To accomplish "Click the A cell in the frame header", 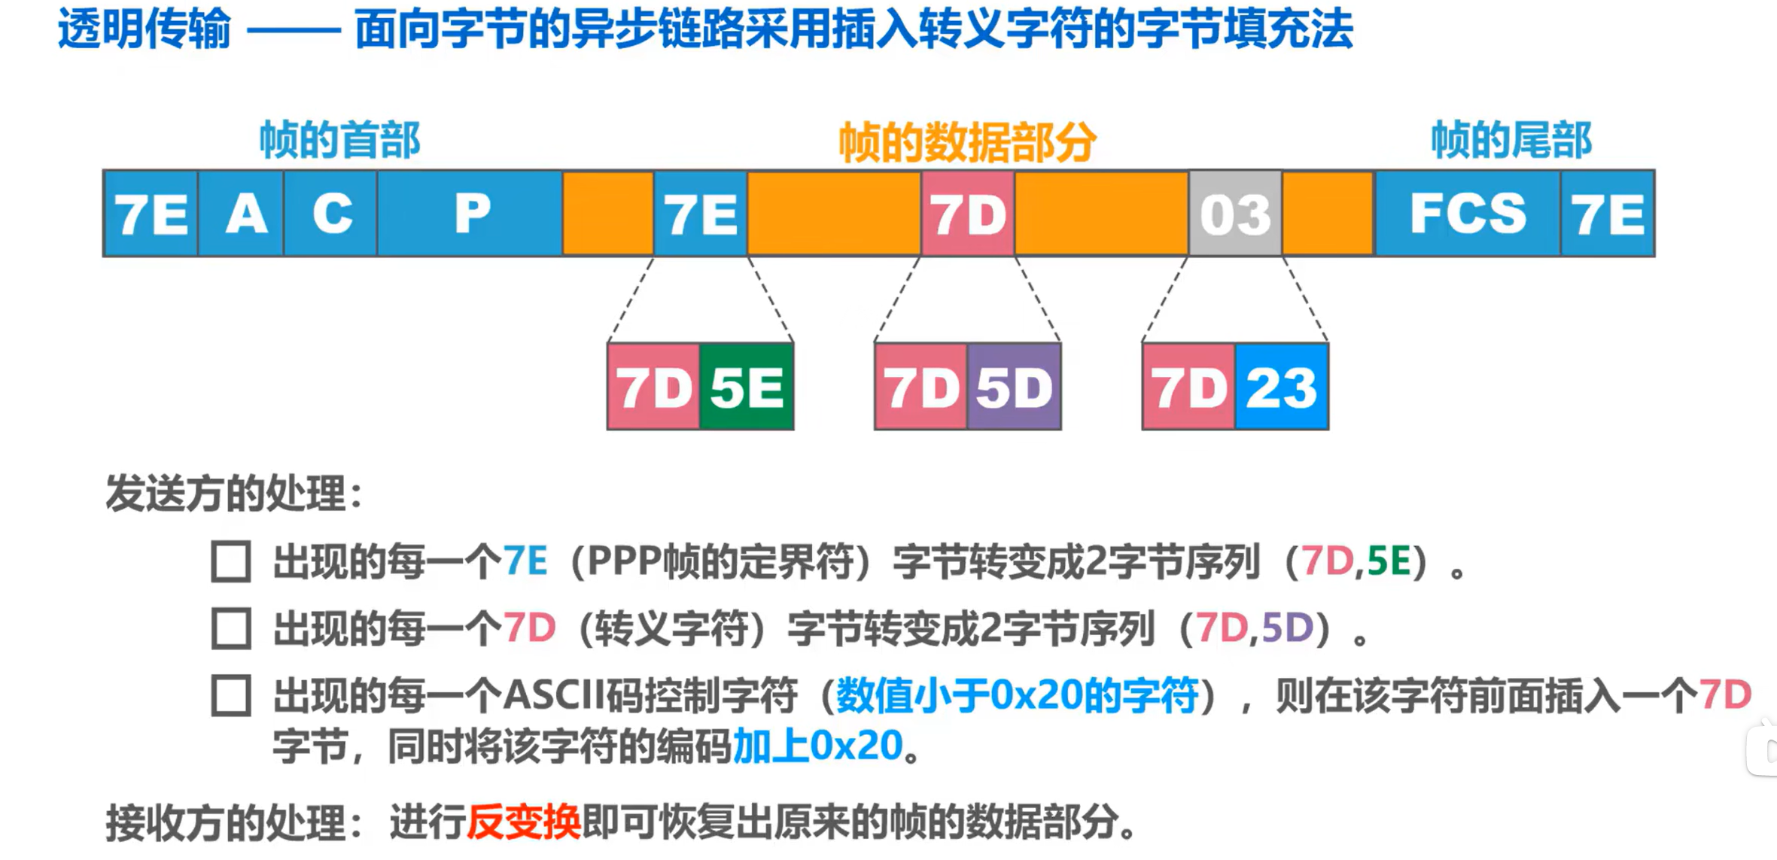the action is (242, 214).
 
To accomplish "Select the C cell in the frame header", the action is (330, 214).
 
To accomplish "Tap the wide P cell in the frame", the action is (470, 214).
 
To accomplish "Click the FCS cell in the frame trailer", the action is (1468, 214).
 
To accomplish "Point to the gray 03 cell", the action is (1235, 214).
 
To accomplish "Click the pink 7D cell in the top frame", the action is (968, 214).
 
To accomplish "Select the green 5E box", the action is (747, 387).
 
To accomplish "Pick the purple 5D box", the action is (1015, 387).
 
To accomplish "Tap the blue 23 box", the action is (1282, 387).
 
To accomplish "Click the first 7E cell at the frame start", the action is (151, 214).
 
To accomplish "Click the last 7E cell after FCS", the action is (1608, 214).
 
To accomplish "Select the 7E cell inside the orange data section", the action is (701, 214).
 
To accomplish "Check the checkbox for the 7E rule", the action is (231, 561).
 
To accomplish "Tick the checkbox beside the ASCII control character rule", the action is (231, 695).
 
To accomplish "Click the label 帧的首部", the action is (339, 140).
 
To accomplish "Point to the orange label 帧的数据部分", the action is (968, 141).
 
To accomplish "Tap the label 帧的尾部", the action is (1511, 140).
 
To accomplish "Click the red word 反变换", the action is (524, 822).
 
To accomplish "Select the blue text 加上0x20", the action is (817, 746).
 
